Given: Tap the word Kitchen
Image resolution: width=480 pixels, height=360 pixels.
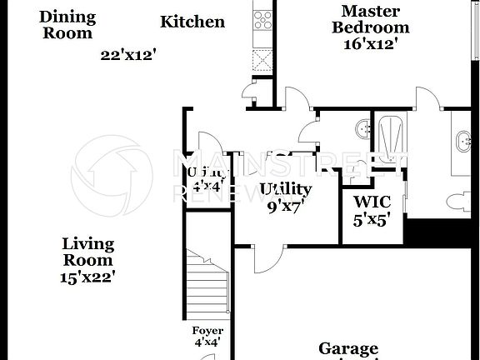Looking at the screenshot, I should point(192,22).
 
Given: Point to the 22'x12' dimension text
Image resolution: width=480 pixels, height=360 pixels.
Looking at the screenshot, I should point(129,55).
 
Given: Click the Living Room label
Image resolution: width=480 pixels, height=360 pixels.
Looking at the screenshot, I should point(87,252).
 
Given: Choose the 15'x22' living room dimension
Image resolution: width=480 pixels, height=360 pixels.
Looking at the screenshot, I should point(87,276).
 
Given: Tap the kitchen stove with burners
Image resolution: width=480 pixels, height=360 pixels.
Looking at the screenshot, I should point(263,18).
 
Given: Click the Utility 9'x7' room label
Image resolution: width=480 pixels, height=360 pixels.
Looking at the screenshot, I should point(286,197).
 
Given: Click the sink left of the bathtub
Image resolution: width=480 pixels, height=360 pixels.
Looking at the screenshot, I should point(363,128).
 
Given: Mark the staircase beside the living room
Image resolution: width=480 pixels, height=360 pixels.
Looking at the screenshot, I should point(207,282).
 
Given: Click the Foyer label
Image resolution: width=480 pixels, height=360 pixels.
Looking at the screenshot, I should point(207,331).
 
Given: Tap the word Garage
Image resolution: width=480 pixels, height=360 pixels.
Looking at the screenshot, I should point(348,349).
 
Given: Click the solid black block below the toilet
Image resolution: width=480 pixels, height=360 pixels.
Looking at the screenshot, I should point(442,231).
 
